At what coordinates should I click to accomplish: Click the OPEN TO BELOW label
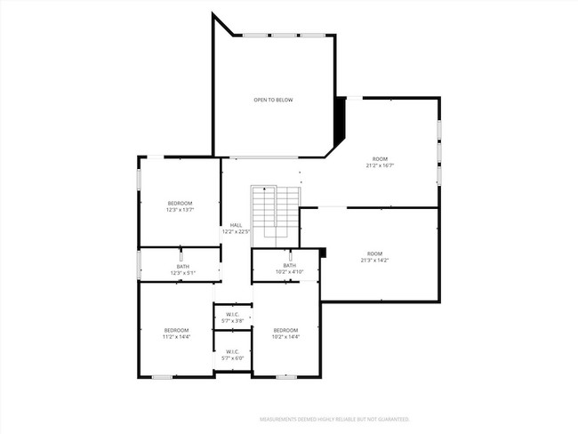pyautogui.click(x=273, y=100)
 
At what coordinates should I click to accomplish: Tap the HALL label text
pyautogui.click(x=236, y=225)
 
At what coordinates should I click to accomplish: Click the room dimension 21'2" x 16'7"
pyautogui.click(x=380, y=165)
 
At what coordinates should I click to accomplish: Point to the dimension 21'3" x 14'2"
pyautogui.click(x=375, y=260)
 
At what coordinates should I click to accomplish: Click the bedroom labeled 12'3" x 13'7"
pyautogui.click(x=179, y=206)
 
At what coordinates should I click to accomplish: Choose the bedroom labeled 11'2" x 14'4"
pyautogui.click(x=176, y=334)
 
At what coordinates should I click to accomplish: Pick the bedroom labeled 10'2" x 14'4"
pyautogui.click(x=285, y=334)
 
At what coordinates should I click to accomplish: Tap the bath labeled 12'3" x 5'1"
pyautogui.click(x=182, y=269)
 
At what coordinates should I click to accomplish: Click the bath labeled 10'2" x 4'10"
pyautogui.click(x=289, y=269)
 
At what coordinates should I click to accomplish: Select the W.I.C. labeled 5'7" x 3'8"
pyautogui.click(x=233, y=317)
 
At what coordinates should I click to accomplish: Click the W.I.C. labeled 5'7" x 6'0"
pyautogui.click(x=233, y=355)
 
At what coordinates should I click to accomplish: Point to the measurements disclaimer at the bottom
pyautogui.click(x=333, y=418)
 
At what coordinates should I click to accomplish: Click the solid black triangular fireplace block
pyautogui.click(x=338, y=119)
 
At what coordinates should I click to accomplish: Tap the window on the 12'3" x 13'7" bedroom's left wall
pyautogui.click(x=138, y=178)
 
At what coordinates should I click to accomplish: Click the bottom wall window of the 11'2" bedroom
pyautogui.click(x=162, y=377)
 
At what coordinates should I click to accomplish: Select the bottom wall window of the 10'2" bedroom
pyautogui.click(x=286, y=377)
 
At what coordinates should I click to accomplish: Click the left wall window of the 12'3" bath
pyautogui.click(x=138, y=264)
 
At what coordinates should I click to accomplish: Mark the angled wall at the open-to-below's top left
pyautogui.click(x=223, y=24)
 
